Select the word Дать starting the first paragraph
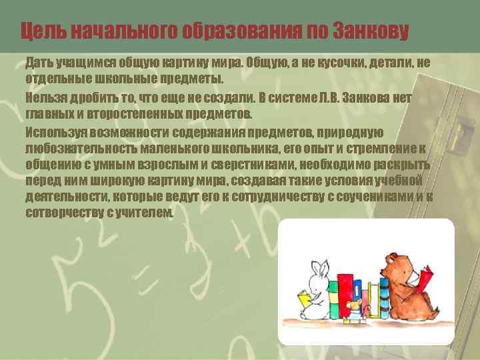click(37, 63)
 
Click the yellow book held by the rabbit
click(306, 298)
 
